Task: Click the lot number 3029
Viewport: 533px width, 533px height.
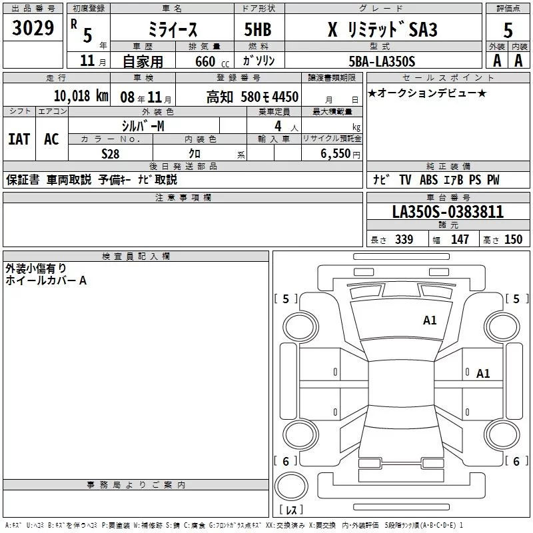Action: point(33,29)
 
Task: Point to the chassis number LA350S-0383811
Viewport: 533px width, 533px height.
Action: point(448,213)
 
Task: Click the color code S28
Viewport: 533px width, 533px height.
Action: point(111,153)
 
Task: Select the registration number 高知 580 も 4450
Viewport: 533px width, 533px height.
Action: point(252,97)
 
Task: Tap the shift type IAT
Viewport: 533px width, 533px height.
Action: point(19,139)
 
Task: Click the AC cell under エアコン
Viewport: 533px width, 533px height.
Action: point(51,139)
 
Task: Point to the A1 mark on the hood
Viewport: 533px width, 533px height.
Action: point(430,320)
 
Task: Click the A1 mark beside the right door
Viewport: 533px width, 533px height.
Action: point(483,374)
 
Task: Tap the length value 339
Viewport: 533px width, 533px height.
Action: point(404,240)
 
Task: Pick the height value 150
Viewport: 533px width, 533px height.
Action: point(513,240)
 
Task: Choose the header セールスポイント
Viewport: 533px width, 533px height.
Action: point(448,78)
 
